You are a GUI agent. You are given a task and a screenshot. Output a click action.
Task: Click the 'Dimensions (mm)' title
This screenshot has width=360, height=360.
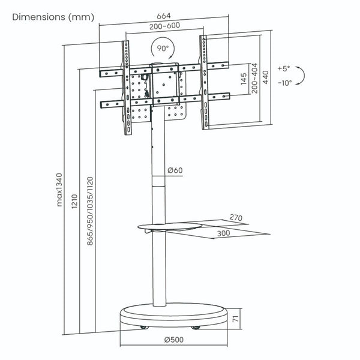[53, 17]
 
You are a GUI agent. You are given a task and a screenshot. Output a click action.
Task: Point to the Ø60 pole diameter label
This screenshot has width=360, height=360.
[175, 170]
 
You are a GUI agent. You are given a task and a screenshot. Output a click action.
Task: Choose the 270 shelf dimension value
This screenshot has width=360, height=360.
[235, 218]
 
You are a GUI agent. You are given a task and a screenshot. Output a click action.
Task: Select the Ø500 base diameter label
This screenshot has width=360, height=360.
[175, 340]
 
